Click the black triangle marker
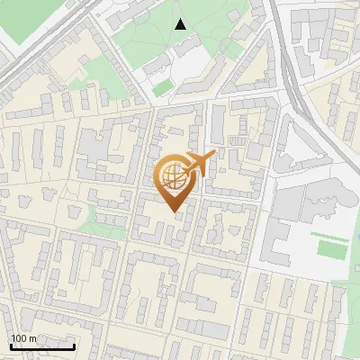pyautogui.click(x=181, y=23)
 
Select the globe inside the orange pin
pyautogui.click(x=173, y=176)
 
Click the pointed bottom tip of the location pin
pyautogui.click(x=174, y=212)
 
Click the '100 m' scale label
pyautogui.click(x=23, y=338)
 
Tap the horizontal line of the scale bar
pyautogui.click(x=42, y=346)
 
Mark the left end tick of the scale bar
pyautogui.click(x=10, y=345)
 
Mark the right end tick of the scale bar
pyautogui.click(x=75, y=345)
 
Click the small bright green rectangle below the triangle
pyautogui.click(x=162, y=88)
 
